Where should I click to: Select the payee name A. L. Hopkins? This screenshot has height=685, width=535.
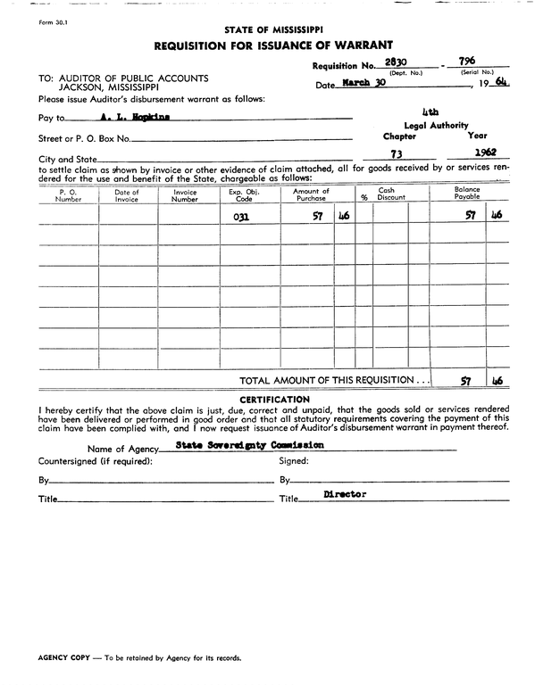(x=135, y=117)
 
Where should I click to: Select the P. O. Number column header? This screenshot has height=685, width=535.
(x=69, y=195)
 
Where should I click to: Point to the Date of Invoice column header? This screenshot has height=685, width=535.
(x=128, y=195)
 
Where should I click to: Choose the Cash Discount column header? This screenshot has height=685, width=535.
(x=390, y=194)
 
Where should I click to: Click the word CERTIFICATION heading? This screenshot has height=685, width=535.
(x=275, y=399)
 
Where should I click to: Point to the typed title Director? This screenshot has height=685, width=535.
(x=345, y=493)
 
